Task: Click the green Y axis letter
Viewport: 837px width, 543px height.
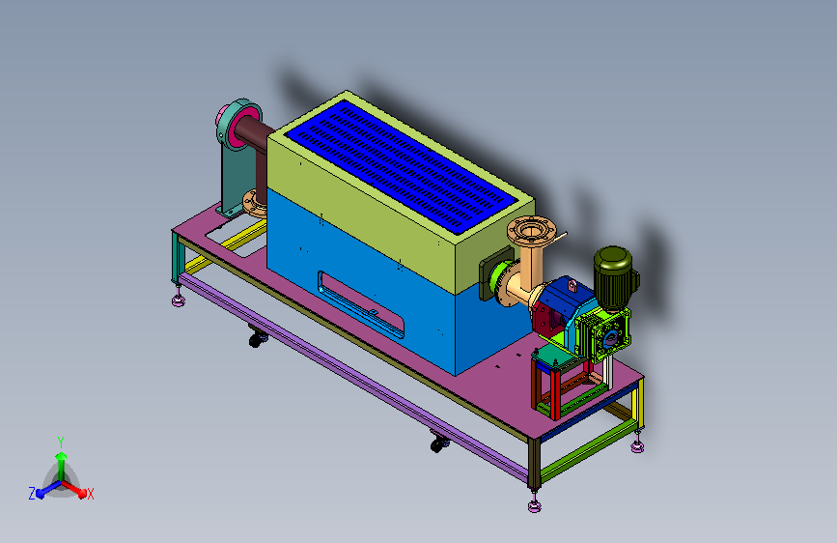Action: [x=61, y=442]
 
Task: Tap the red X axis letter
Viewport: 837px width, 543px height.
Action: [x=90, y=494]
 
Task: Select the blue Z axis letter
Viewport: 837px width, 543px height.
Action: [x=32, y=494]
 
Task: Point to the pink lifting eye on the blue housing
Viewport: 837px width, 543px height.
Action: [x=572, y=286]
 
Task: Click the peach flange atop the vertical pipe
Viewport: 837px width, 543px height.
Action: [x=532, y=230]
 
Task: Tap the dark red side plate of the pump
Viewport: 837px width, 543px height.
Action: [x=546, y=319]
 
